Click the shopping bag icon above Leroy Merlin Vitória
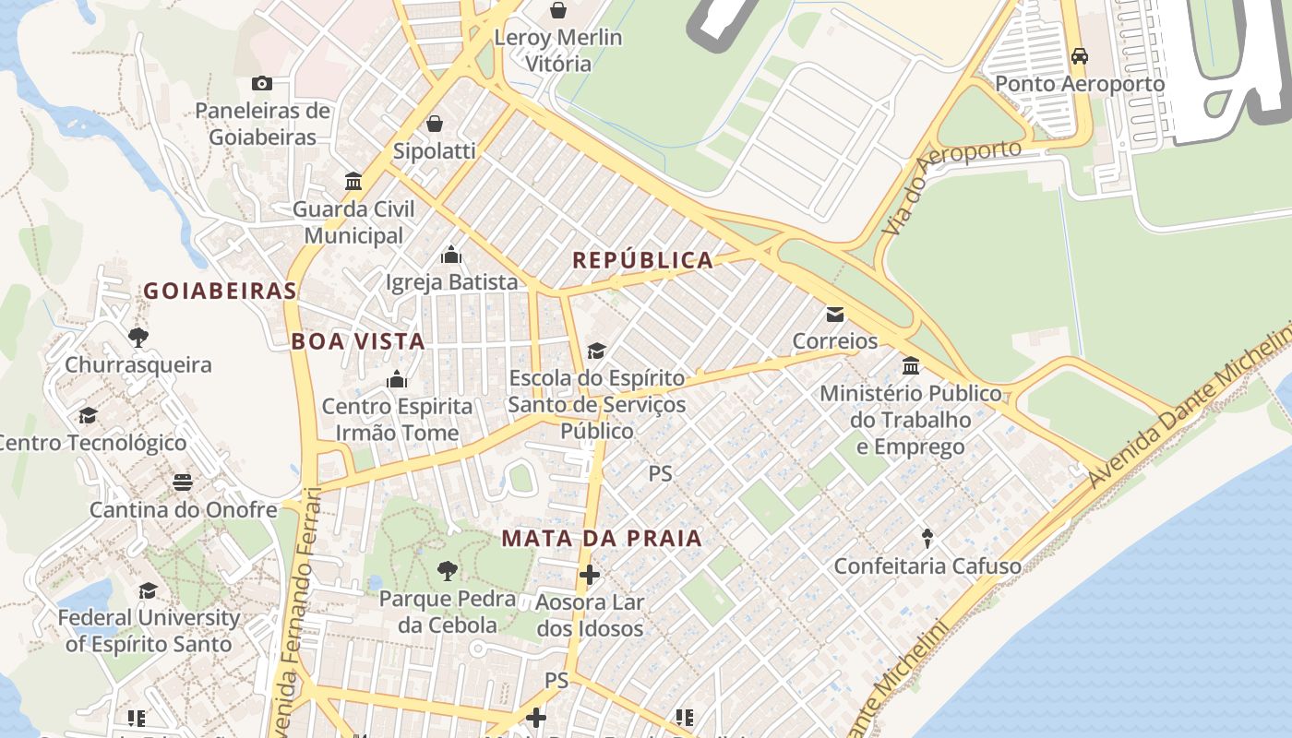(x=557, y=10)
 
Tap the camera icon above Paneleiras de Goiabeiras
(x=262, y=84)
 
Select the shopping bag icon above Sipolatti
(x=435, y=124)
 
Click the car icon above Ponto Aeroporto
(x=1079, y=56)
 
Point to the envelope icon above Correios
(x=835, y=315)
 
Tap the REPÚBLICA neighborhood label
(x=643, y=260)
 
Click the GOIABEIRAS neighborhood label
(x=220, y=292)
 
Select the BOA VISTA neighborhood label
(x=358, y=341)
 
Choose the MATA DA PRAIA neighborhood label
(x=602, y=539)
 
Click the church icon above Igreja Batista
(x=451, y=255)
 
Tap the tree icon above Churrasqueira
(x=138, y=338)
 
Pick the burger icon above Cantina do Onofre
(x=183, y=482)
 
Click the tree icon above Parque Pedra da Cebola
(x=448, y=571)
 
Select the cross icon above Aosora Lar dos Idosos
(x=590, y=576)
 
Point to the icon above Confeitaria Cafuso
(x=927, y=538)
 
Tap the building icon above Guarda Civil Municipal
(x=353, y=181)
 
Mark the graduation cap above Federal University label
(x=148, y=590)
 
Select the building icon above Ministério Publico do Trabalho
(x=911, y=366)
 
